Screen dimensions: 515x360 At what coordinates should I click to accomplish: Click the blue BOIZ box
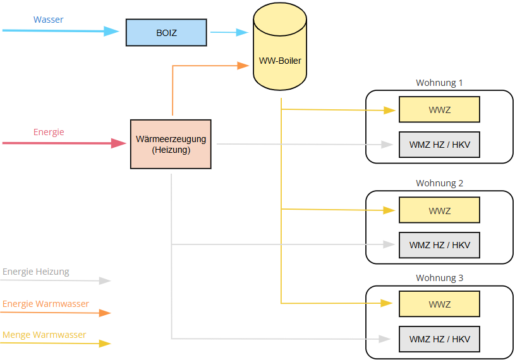166,32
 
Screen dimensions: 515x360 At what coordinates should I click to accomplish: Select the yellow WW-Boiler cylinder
280,46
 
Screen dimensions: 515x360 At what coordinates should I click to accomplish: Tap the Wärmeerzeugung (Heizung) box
171,144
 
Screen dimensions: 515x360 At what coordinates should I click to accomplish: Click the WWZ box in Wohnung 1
439,110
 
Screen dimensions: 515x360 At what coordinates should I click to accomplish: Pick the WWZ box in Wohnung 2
439,210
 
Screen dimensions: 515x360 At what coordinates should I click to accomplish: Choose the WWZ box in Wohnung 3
439,304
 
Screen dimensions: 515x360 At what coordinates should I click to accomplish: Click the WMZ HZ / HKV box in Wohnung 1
439,145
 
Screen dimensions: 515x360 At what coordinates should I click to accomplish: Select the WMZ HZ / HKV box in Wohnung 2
439,245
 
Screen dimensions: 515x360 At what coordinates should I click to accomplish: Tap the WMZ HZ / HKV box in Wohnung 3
439,339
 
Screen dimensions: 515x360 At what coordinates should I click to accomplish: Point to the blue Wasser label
48,20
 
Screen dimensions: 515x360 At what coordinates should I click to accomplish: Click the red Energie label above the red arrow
49,132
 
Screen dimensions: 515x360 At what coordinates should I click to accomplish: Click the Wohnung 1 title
439,83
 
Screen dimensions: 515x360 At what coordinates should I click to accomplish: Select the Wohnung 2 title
439,183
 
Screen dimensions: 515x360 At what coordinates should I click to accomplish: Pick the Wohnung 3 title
439,278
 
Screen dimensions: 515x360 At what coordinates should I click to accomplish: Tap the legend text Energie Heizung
36,272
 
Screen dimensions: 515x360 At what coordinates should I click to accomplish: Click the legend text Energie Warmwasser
45,304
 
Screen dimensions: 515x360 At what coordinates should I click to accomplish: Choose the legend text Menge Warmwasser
44,335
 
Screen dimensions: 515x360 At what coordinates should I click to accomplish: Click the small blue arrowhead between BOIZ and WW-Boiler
242,32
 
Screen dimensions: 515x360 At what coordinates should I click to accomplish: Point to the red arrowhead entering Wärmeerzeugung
119,143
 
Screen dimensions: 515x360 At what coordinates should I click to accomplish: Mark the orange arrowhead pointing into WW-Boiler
243,66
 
